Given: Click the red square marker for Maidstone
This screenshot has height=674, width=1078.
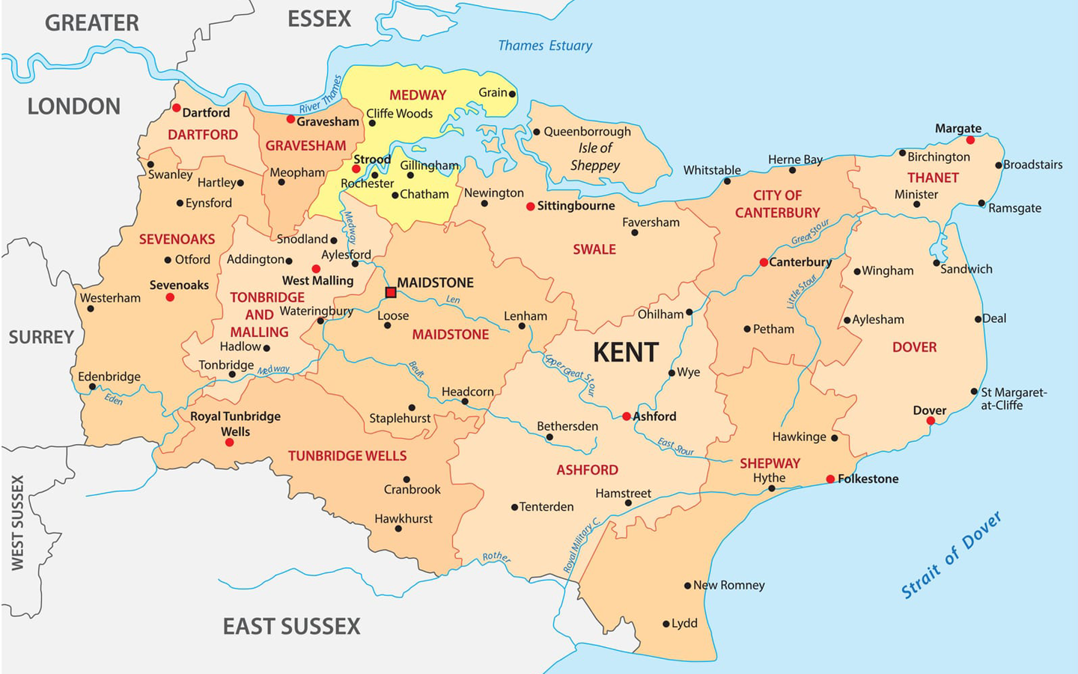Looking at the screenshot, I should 391,292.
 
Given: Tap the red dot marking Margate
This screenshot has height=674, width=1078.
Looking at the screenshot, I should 970,140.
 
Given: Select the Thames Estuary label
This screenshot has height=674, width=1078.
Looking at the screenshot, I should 545,46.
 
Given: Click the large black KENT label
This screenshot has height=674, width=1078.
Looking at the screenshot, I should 625,352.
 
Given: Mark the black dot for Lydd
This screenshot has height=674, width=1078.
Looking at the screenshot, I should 666,624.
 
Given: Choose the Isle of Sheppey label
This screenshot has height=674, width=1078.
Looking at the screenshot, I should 595,157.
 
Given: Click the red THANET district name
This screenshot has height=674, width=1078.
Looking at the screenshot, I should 933,177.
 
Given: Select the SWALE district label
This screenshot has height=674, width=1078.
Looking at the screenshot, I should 594,249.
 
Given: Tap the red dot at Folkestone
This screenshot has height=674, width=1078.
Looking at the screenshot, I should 830,479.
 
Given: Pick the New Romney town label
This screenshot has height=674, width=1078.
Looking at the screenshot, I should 728,585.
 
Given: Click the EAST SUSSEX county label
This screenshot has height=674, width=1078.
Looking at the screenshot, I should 291,626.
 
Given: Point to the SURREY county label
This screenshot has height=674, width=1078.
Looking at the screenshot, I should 41,337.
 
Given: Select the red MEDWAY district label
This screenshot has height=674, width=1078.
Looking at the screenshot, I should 418,95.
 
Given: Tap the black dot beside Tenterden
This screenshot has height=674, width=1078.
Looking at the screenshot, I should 514,507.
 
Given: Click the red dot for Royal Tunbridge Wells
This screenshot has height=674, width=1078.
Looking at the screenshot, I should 230,443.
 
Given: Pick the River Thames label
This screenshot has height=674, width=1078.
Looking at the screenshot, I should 320,96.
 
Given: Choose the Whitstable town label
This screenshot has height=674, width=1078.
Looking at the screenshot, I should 712,170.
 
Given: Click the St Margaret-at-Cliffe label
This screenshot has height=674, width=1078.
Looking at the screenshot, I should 1013,398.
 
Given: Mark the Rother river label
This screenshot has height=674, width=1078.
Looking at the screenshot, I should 496,557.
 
